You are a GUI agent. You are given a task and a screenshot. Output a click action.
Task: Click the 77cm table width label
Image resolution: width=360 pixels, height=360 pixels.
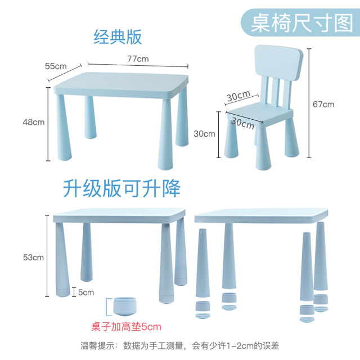click(138, 59)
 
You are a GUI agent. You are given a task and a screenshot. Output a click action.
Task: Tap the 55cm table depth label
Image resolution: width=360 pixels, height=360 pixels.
click(56, 66)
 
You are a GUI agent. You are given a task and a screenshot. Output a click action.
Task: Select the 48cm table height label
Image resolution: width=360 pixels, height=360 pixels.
click(34, 122)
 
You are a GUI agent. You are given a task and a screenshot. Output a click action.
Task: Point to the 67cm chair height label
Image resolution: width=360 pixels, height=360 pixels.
click(323, 105)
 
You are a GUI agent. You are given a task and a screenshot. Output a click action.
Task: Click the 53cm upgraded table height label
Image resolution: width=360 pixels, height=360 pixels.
click(34, 258)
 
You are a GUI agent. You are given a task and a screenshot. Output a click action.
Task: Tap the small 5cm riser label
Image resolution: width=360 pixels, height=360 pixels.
click(86, 292)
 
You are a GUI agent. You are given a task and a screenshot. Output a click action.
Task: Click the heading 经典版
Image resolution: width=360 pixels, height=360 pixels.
click(118, 37)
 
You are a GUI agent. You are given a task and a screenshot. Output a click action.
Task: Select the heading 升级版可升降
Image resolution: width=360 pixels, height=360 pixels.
click(121, 188)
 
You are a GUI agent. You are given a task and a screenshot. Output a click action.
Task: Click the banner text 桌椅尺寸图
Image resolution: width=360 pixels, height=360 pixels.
click(302, 23)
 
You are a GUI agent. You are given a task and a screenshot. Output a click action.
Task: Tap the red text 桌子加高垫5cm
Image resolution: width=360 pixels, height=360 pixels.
click(126, 327)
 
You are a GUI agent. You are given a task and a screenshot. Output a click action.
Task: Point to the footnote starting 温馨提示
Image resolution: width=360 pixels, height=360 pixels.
click(180, 345)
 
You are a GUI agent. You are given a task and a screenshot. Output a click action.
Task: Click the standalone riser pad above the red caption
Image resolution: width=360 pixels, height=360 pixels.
click(125, 307)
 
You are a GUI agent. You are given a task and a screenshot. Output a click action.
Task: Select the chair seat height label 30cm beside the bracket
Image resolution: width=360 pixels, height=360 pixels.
click(205, 134)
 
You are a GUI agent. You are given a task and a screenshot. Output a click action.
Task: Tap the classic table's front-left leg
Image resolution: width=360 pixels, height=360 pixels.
click(64, 128)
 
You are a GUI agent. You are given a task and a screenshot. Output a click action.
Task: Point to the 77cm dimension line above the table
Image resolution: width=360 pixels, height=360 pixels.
click(138, 65)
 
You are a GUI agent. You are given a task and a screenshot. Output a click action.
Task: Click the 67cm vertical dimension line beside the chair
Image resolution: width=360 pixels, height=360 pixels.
click(309, 103)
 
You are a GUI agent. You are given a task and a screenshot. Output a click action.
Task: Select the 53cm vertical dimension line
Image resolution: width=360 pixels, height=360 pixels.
click(47, 256)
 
